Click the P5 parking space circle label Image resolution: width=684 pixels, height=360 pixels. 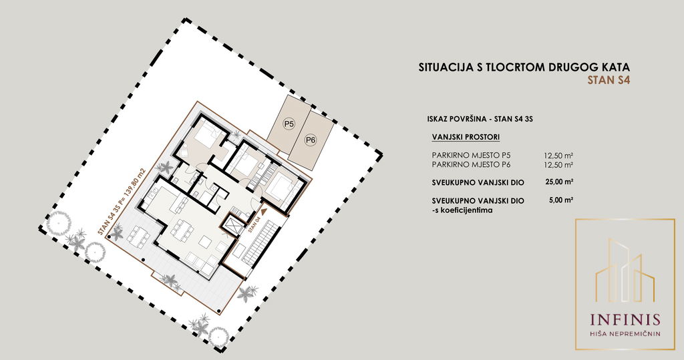(289, 124)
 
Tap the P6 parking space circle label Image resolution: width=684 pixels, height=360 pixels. (311, 140)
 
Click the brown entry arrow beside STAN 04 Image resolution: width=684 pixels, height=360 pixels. (264, 212)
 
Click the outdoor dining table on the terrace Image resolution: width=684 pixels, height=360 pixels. (139, 236)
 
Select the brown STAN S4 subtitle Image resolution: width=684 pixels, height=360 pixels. (609, 80)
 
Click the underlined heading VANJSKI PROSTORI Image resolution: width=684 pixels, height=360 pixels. (466, 137)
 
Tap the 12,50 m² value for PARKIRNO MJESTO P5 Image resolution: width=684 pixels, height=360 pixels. (558, 155)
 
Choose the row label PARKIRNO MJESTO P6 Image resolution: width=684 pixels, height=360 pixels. (471, 164)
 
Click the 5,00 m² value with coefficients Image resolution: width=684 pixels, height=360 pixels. (561, 200)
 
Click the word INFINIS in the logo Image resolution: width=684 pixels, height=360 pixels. (625, 320)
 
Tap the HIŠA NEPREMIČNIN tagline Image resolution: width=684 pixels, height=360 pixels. (625, 334)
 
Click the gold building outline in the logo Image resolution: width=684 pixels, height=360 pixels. (625, 271)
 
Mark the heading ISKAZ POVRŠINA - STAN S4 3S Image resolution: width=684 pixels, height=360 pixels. (481, 119)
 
